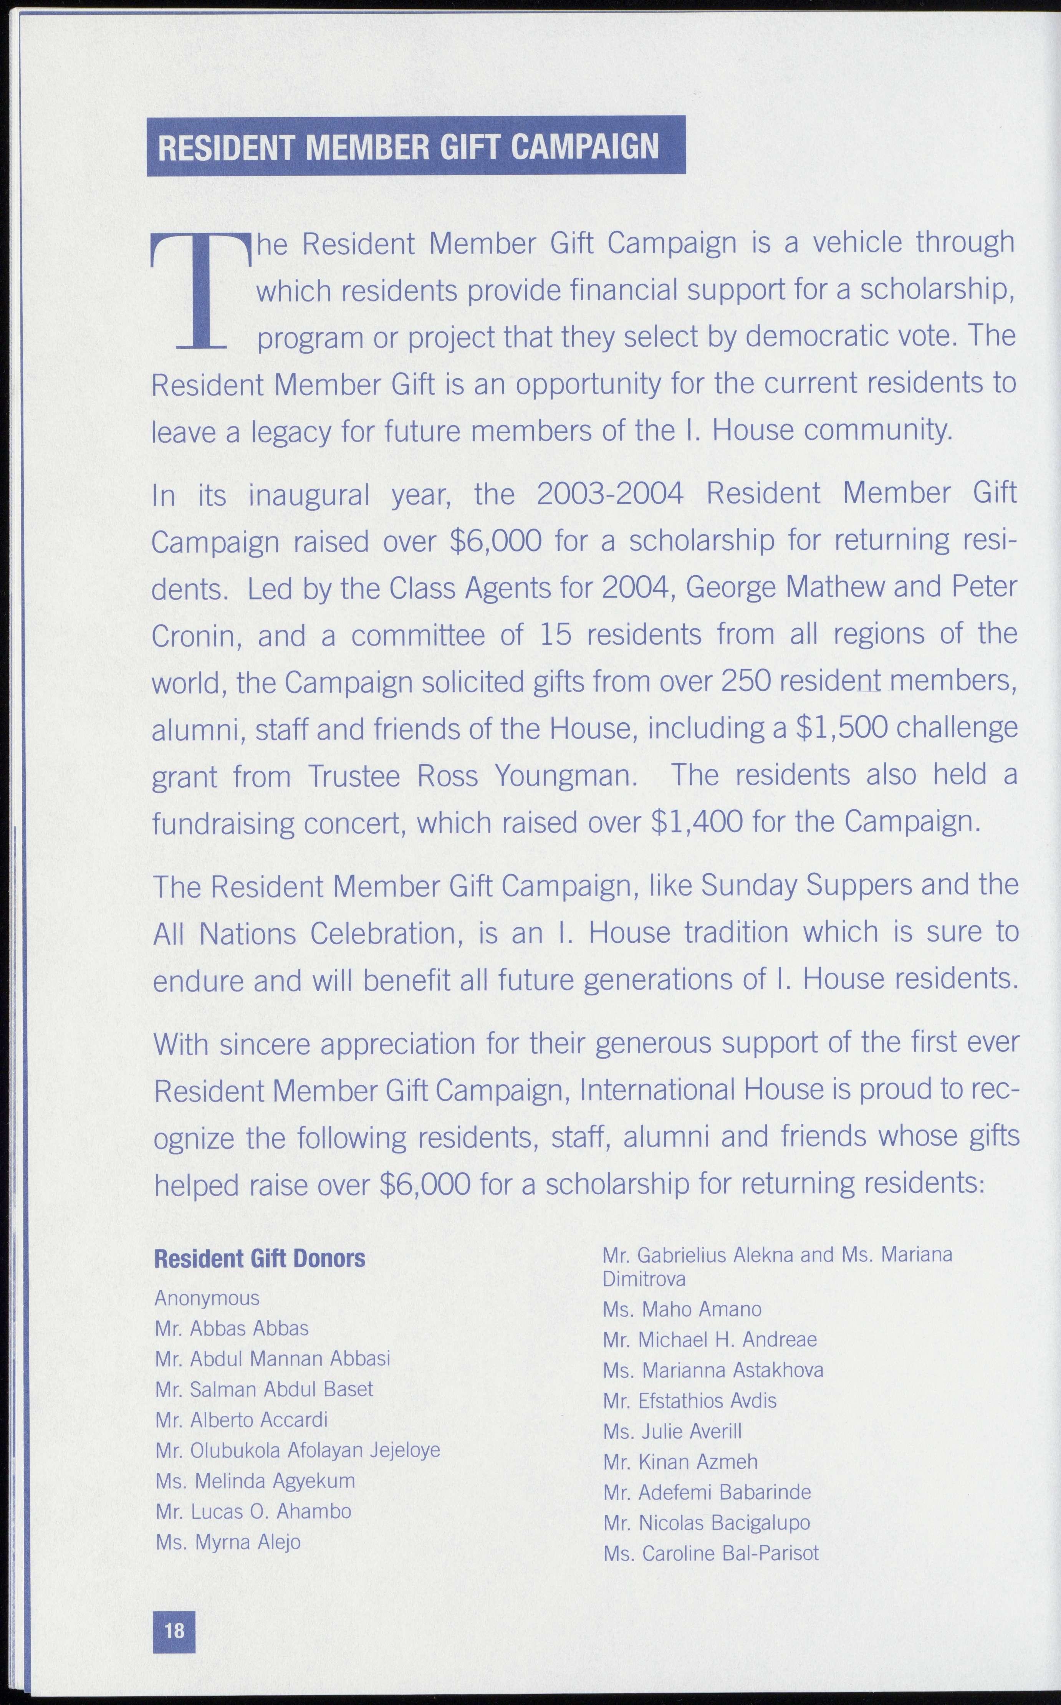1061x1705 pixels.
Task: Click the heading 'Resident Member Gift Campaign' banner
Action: coord(415,146)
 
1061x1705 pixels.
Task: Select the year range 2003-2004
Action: coord(610,494)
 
